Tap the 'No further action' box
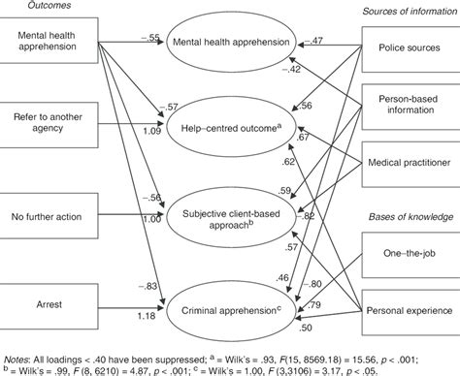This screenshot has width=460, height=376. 49,202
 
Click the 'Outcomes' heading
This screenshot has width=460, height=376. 23,6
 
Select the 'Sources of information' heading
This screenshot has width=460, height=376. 396,9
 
